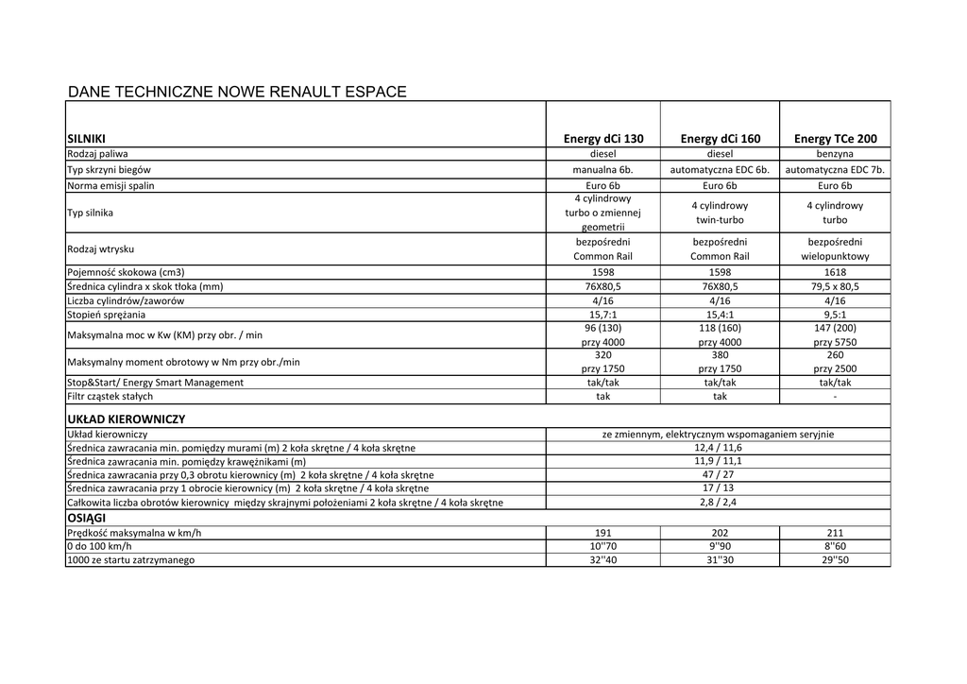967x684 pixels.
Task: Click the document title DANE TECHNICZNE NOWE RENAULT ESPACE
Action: click(x=237, y=93)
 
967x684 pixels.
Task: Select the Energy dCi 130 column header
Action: click(x=603, y=139)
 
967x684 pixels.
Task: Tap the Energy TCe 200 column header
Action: click(x=835, y=139)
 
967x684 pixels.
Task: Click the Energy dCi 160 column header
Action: click(x=720, y=139)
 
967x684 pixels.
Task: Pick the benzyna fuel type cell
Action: click(x=835, y=153)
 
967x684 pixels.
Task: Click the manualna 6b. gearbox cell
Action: click(x=603, y=170)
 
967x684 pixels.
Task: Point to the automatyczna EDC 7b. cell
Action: click(x=835, y=170)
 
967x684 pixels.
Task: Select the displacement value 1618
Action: click(x=835, y=272)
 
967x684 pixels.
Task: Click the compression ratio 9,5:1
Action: click(x=835, y=315)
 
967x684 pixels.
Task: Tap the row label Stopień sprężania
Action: click(x=106, y=315)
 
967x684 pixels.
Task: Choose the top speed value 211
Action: click(x=835, y=533)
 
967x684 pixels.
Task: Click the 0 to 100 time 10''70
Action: click(x=603, y=547)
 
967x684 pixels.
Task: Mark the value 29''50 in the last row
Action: click(x=835, y=560)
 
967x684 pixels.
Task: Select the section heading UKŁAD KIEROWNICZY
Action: click(x=126, y=419)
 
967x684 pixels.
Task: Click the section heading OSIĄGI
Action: click(x=86, y=519)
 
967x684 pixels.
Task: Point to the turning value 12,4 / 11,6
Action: click(x=718, y=448)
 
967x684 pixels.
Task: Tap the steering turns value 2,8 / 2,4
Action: click(x=718, y=503)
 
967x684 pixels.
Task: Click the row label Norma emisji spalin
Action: click(x=110, y=186)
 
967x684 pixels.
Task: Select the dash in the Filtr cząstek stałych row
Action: click(x=835, y=397)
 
